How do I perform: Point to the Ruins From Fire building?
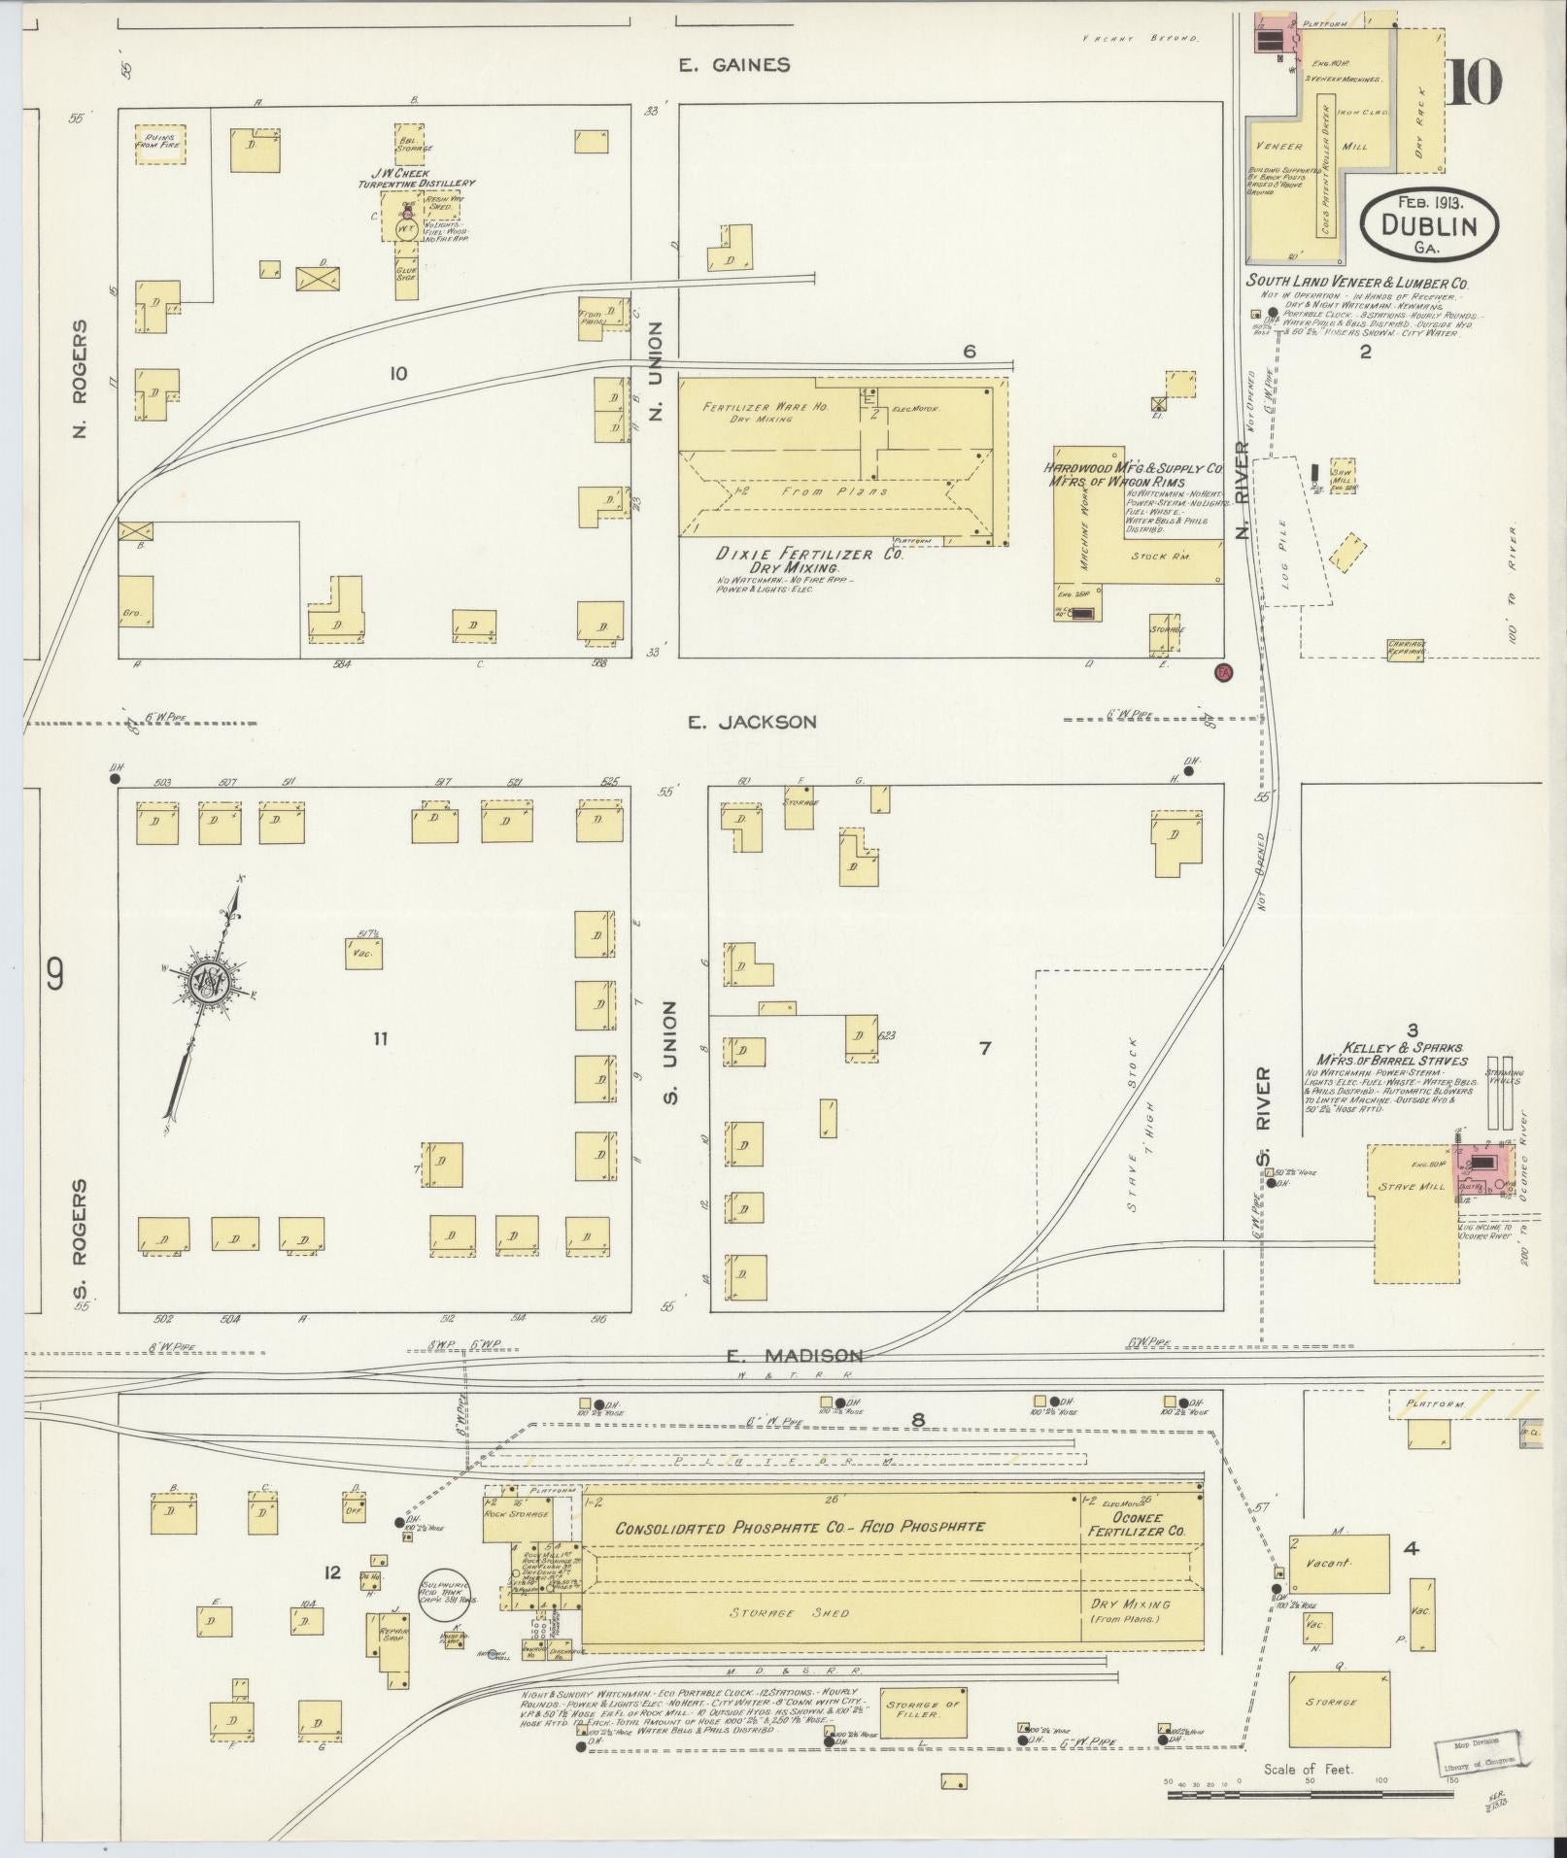coord(160,144)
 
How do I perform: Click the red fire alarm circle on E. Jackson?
coord(1224,672)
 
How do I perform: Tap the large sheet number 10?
coord(1474,84)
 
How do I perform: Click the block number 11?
coord(380,1039)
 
